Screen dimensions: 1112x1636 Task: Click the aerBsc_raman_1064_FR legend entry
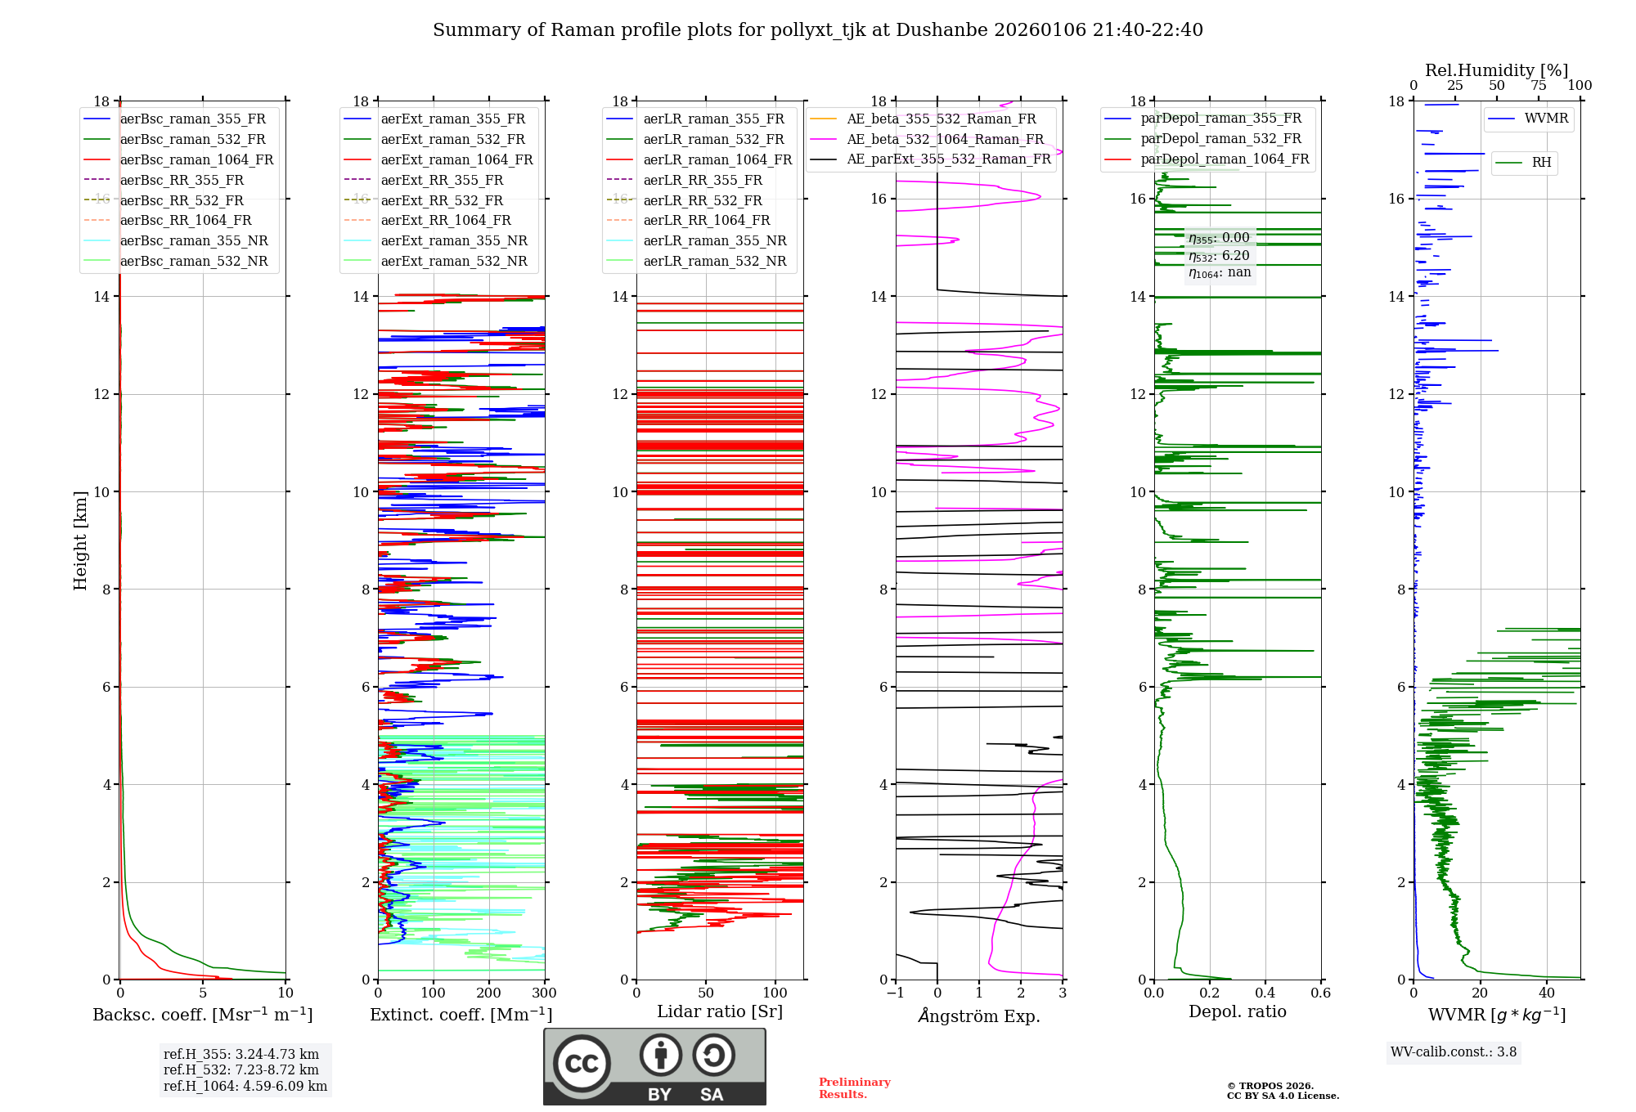pyautogui.click(x=196, y=159)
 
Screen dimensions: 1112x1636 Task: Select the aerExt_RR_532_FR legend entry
pyautogui.click(x=442, y=200)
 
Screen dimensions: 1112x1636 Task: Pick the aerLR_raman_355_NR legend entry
pyautogui.click(x=714, y=240)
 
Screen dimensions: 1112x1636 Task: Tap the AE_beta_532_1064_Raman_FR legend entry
pyautogui.click(x=945, y=139)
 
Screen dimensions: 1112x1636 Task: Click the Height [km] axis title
pyautogui.click(x=80, y=540)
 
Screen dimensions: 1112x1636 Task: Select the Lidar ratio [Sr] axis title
pyautogui.click(x=719, y=1011)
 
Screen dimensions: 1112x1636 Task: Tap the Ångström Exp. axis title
pyautogui.click(x=978, y=1016)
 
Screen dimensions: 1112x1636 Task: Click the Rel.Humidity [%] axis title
pyautogui.click(x=1496, y=70)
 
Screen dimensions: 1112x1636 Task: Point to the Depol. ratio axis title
pyautogui.click(x=1237, y=1011)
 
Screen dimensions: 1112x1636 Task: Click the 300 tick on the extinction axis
pyautogui.click(x=544, y=993)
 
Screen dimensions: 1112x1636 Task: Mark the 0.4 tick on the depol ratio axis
pyautogui.click(x=1265, y=993)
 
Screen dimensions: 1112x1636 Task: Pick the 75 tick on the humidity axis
pyautogui.click(x=1538, y=86)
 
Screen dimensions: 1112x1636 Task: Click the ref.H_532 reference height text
pyautogui.click(x=240, y=1069)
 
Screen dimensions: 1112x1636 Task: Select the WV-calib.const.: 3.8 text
pyautogui.click(x=1453, y=1051)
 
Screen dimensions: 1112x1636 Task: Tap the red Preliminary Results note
pyautogui.click(x=854, y=1087)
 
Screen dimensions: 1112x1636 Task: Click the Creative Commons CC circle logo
pyautogui.click(x=582, y=1064)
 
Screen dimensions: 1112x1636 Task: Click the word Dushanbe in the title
pyautogui.click(x=941, y=30)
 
